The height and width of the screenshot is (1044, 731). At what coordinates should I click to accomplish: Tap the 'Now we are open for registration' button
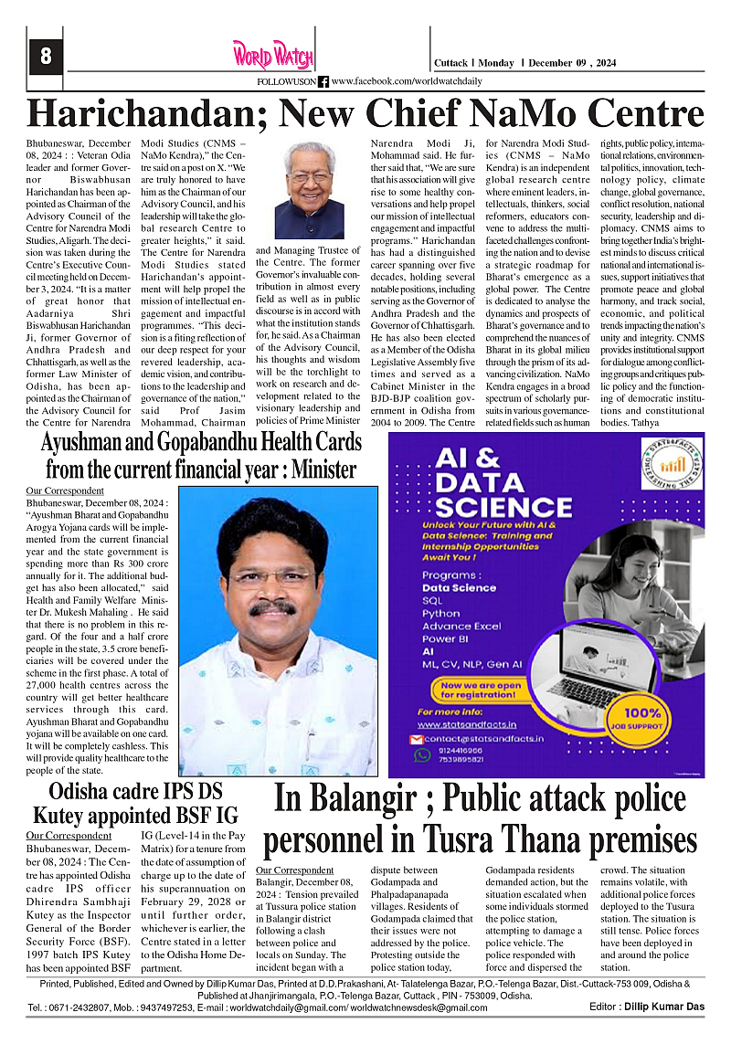pos(483,686)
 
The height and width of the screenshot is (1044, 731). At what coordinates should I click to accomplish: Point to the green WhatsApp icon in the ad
pos(421,755)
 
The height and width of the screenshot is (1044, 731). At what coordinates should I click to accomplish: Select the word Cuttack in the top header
pos(450,63)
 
